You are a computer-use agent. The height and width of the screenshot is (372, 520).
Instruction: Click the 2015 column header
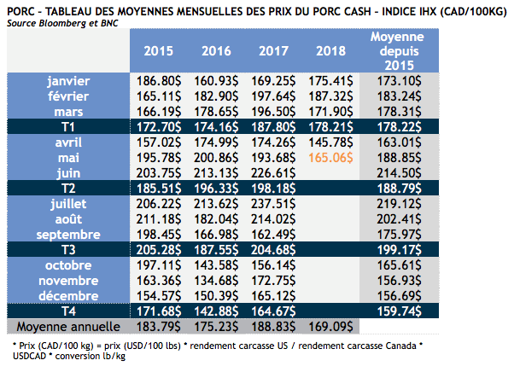tap(157, 51)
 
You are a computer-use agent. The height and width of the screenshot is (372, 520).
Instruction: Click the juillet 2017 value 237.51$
tap(275, 204)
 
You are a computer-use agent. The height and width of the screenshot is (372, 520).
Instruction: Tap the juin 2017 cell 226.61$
tap(275, 171)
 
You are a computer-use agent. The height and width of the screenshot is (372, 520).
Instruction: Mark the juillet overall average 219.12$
tap(401, 204)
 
